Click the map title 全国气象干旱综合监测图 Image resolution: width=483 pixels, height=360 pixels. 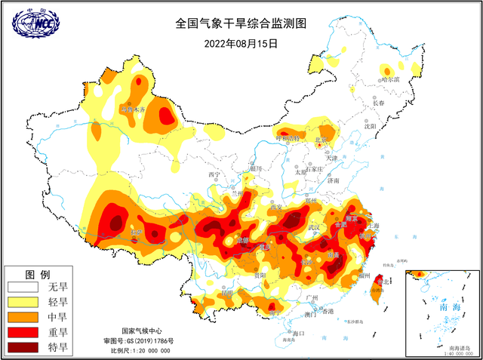tap(241, 24)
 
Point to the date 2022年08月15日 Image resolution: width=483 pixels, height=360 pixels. tap(241, 43)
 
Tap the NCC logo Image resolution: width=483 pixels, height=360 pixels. tap(35, 25)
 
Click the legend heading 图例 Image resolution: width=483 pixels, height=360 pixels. tap(38, 273)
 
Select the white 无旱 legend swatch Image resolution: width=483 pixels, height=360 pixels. tap(23, 288)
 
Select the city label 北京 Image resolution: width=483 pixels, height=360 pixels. tap(321, 140)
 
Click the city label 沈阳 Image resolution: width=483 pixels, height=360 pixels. tap(370, 127)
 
